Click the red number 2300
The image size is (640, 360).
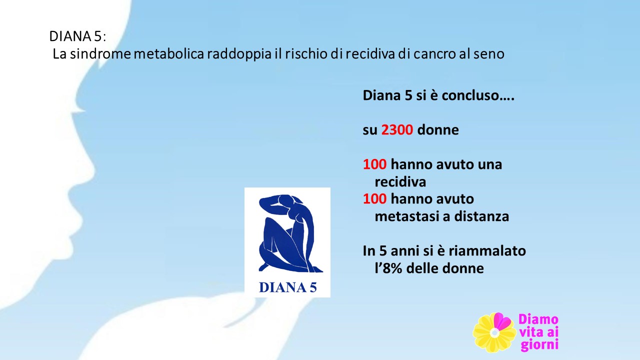click(397, 130)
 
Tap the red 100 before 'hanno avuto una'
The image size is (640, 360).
click(374, 164)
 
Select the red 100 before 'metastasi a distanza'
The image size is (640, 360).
click(374, 199)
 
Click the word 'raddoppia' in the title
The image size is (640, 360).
click(239, 54)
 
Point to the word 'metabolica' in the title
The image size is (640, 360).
click(169, 53)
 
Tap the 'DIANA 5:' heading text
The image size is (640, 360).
click(77, 36)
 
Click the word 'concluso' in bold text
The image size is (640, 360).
click(478, 95)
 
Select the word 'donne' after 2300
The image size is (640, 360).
click(438, 130)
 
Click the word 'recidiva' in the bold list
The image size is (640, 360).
click(400, 182)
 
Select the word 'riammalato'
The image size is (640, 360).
click(487, 251)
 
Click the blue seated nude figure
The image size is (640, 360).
click(289, 233)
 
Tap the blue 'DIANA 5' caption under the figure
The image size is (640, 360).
click(287, 287)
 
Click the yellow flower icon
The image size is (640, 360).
click(494, 332)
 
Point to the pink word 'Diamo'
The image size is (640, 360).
click(538, 319)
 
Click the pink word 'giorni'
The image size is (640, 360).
click(539, 345)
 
